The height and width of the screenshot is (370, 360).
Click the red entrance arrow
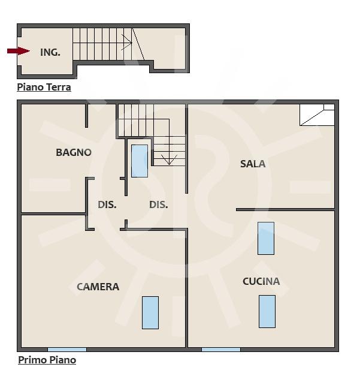(x=19, y=51)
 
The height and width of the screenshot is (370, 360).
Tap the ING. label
(x=50, y=52)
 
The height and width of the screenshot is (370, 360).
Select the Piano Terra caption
(x=44, y=88)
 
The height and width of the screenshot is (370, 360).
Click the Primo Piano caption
(x=47, y=360)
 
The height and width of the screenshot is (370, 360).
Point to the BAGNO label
(x=74, y=152)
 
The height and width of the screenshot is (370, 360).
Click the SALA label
(x=253, y=164)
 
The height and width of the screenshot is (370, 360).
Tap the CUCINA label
(x=261, y=281)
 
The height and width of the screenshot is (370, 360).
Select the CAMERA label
(x=98, y=287)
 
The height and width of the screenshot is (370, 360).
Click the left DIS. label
(x=107, y=204)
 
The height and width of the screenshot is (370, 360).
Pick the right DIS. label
(x=158, y=204)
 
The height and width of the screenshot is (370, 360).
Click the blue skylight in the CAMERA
(x=150, y=312)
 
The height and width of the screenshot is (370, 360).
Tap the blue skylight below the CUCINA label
(x=267, y=311)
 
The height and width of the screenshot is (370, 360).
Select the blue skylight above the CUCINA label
(x=266, y=238)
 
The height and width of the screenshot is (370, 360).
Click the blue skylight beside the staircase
(x=140, y=161)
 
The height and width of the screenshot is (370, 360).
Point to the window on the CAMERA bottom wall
(x=67, y=350)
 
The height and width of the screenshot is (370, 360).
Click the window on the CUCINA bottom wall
(x=221, y=350)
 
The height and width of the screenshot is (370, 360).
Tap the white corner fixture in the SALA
(x=317, y=115)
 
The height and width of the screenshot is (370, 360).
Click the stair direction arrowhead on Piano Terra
(x=127, y=42)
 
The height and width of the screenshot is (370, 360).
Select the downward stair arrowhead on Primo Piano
(x=169, y=160)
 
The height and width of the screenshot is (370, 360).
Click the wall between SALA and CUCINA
(x=285, y=209)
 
